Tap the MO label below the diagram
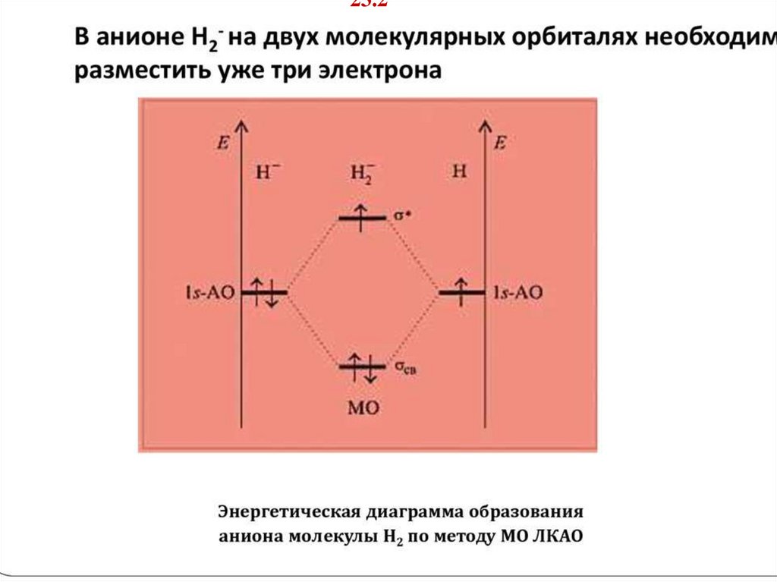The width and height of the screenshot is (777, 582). tap(363, 408)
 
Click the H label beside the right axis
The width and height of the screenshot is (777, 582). tap(460, 171)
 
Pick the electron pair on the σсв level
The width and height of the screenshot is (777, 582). tap(362, 367)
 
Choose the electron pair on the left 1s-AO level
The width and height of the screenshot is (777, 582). tap(264, 291)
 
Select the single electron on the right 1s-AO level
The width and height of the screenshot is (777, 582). tap(460, 289)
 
